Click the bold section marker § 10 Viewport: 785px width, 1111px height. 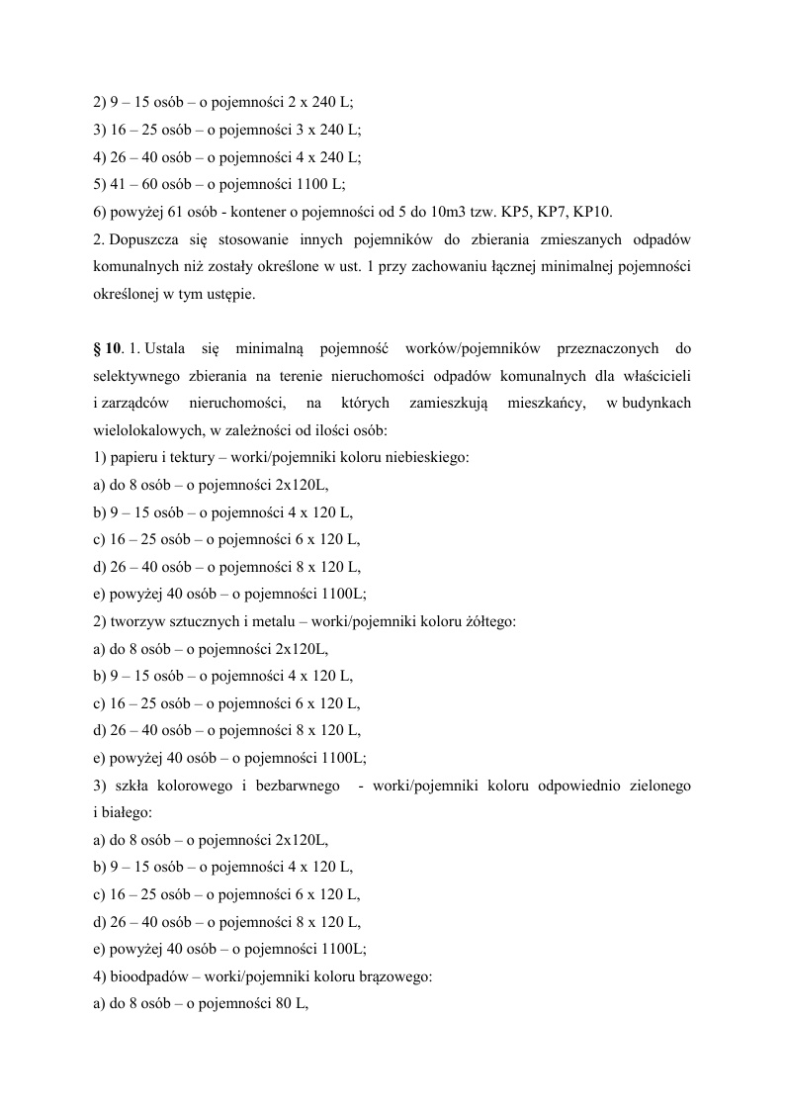(107, 348)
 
